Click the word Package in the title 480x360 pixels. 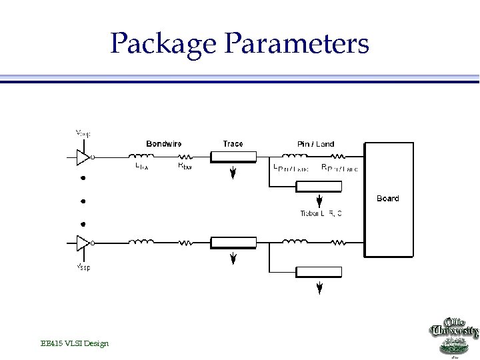tap(163, 44)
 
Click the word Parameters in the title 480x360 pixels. tap(297, 44)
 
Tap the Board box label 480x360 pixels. tap(387, 198)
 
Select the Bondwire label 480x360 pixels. tap(164, 143)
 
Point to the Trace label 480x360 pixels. tap(233, 143)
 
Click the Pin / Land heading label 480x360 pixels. tap(315, 143)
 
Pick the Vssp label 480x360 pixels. tap(83, 267)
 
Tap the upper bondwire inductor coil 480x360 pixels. tap(141, 157)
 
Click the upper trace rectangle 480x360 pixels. tap(233, 157)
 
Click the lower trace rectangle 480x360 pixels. tap(233, 243)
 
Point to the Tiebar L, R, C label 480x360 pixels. tap(321, 213)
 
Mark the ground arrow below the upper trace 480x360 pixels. tap(233, 175)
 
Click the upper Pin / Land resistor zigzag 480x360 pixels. tap(339, 157)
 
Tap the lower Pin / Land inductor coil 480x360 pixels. tap(293, 243)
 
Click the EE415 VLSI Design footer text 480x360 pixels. tap(74, 343)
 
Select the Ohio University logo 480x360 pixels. tap(453, 336)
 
